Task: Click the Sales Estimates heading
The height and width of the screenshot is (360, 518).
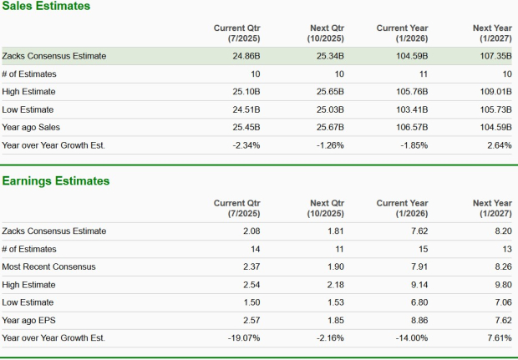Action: [x=46, y=7]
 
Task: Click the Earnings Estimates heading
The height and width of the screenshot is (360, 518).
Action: [x=55, y=180]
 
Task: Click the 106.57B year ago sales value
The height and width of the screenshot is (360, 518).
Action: [x=412, y=127]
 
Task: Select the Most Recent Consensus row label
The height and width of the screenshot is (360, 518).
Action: [x=48, y=266]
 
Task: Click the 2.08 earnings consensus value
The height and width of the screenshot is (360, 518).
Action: [x=251, y=231]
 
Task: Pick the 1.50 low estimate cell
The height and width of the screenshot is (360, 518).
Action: [x=251, y=302]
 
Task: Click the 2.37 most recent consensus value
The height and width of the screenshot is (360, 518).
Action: [x=251, y=266]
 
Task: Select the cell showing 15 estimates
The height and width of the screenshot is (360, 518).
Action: [x=422, y=249]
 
